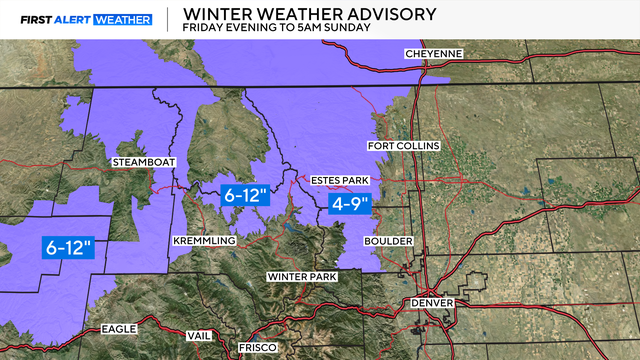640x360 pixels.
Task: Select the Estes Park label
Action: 340,180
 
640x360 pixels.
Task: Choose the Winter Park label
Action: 299,275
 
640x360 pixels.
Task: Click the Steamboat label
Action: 140,162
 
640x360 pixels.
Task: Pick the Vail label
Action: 199,335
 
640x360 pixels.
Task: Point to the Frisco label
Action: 251,348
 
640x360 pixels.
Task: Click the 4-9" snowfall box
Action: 350,204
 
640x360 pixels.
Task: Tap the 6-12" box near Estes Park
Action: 246,196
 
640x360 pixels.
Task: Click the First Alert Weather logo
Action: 77,19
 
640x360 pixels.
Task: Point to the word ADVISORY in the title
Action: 385,13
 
